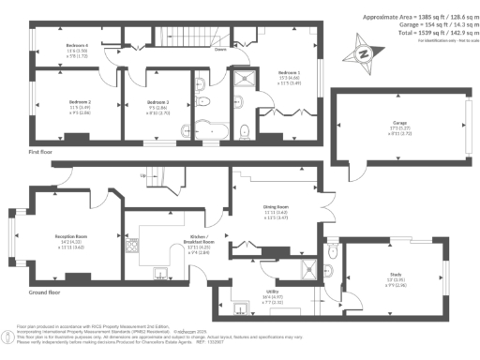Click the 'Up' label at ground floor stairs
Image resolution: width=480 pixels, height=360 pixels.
pyautogui.click(x=143, y=175)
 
